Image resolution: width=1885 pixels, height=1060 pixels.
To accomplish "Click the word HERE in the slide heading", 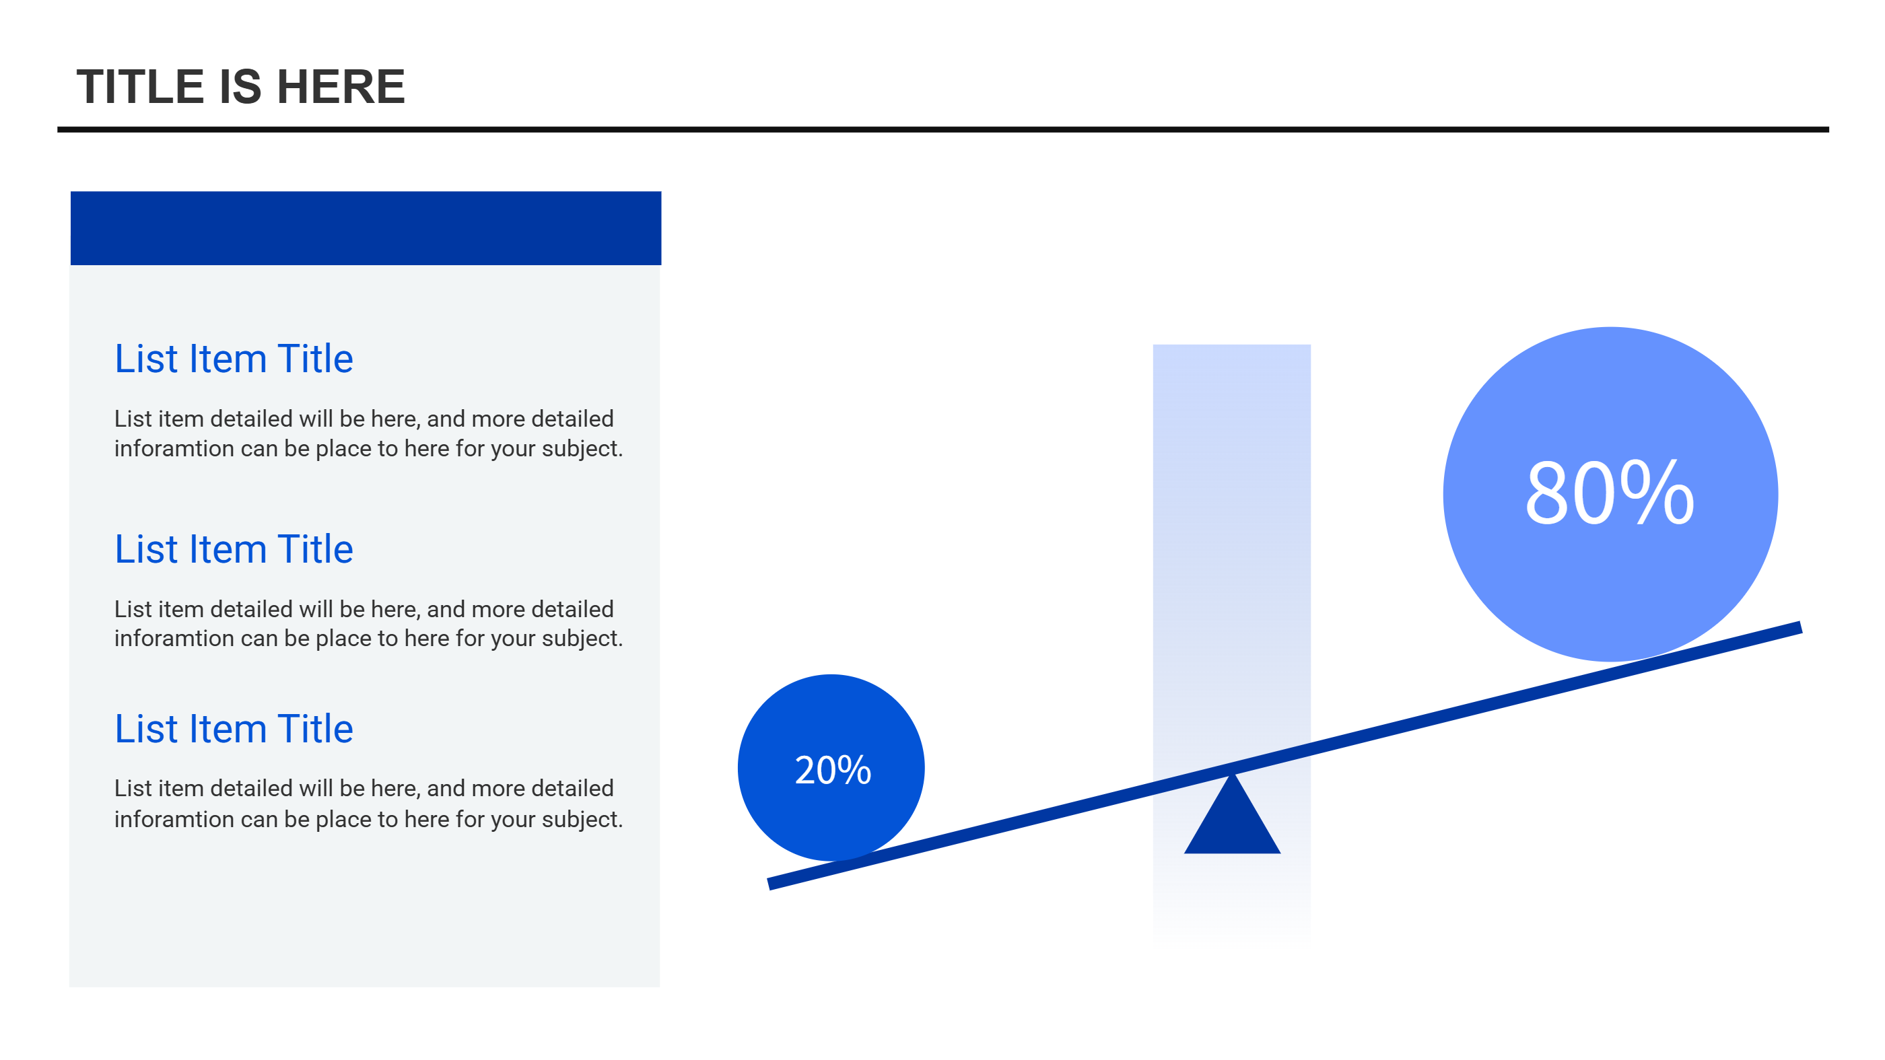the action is [x=341, y=86].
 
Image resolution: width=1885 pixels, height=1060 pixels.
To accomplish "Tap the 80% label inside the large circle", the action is [x=1610, y=493].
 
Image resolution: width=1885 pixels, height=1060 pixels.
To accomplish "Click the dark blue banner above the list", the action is [x=366, y=228].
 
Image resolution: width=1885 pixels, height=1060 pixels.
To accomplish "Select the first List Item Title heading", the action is [x=234, y=359].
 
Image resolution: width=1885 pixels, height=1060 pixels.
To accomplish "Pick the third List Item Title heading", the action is [x=234, y=729].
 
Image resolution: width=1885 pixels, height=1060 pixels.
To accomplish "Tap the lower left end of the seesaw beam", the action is [x=769, y=884].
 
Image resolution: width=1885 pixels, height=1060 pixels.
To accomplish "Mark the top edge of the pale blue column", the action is [x=1231, y=345].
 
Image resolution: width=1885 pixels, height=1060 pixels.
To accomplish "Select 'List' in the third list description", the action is [x=133, y=788].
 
